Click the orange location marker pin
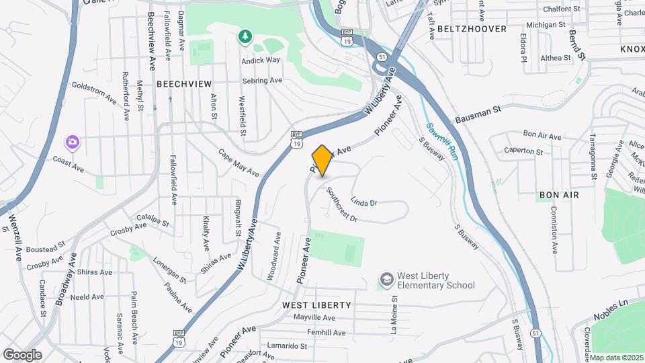322,161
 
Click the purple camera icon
72,142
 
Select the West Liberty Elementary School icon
386,280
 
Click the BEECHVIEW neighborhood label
184,84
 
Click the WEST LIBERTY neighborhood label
316,305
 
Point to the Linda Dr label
365,202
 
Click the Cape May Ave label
239,163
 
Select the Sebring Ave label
262,81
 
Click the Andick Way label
261,60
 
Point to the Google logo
22,355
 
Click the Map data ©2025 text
617,358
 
